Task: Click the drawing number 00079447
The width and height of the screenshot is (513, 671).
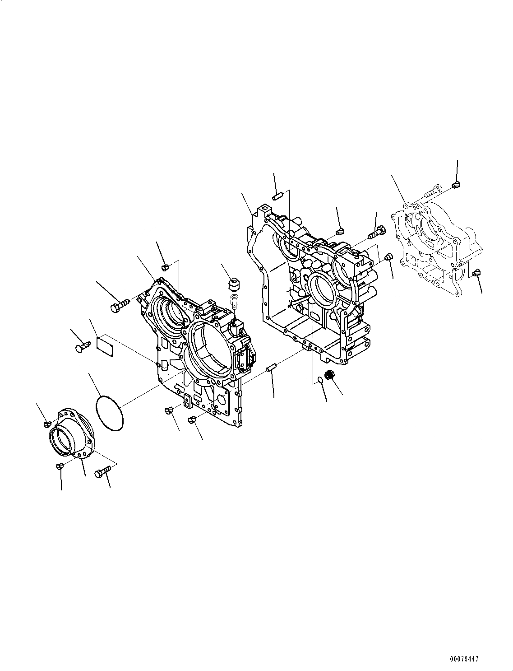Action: [x=463, y=659]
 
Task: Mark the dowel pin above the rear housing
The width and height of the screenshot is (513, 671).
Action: [x=277, y=196]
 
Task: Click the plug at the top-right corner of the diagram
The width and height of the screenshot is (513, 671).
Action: [x=456, y=184]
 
